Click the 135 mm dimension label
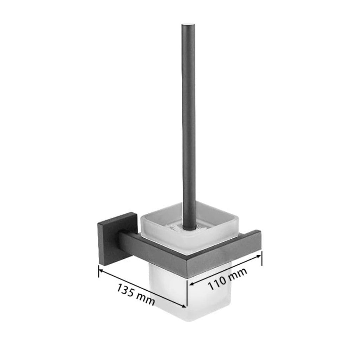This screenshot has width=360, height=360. [x=136, y=294]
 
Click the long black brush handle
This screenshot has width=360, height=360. [x=188, y=123]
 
